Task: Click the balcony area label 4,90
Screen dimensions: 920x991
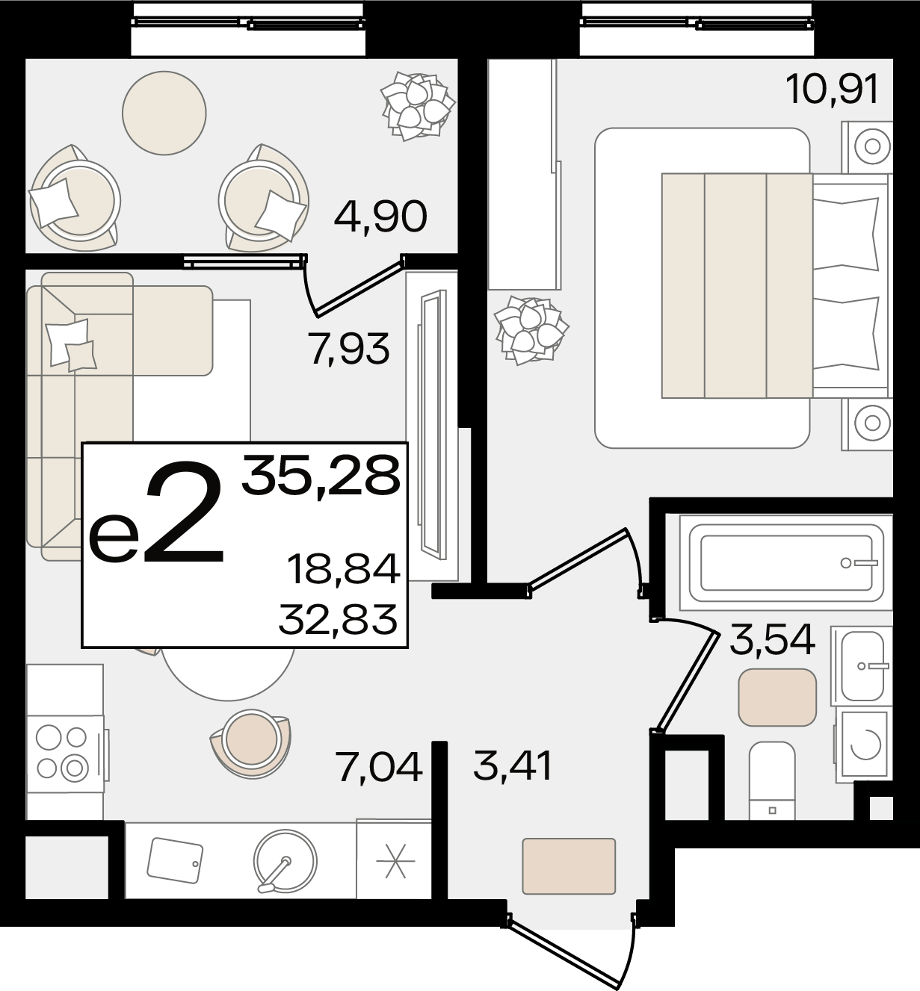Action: pyautogui.click(x=380, y=217)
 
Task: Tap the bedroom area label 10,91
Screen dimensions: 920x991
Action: pyautogui.click(x=832, y=90)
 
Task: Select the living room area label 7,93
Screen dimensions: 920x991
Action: pyautogui.click(x=348, y=349)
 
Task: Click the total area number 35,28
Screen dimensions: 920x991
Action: pyautogui.click(x=321, y=474)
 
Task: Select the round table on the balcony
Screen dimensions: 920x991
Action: pyautogui.click(x=164, y=113)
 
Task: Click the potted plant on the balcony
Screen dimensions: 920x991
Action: pyautogui.click(x=418, y=106)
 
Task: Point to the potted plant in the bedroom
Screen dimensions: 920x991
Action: pyautogui.click(x=531, y=330)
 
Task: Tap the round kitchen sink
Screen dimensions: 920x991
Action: pyautogui.click(x=285, y=861)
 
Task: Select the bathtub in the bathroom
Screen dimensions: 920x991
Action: pyautogui.click(x=786, y=563)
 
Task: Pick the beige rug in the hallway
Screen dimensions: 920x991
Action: pyautogui.click(x=569, y=866)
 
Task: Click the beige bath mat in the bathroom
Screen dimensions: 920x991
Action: pyautogui.click(x=777, y=697)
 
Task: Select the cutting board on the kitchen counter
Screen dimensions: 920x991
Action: pyautogui.click(x=176, y=860)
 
